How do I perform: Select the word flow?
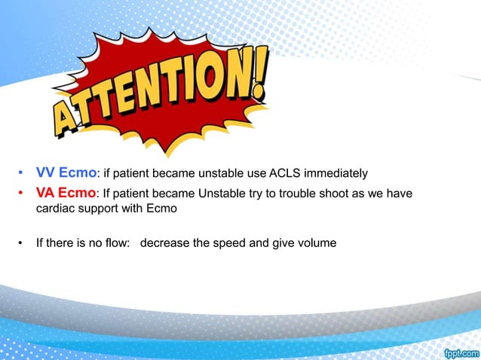pyautogui.click(x=118, y=243)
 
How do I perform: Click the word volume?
pyautogui.click(x=317, y=243)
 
